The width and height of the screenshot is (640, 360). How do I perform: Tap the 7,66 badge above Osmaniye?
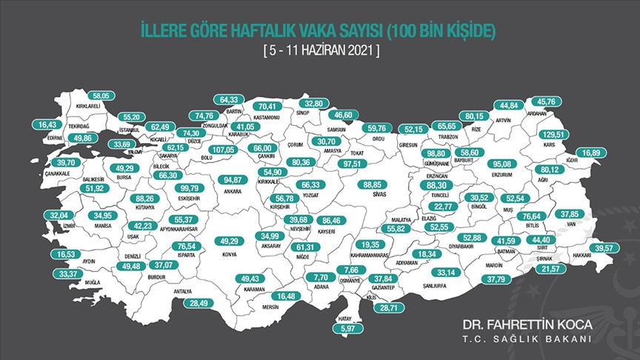[x=352, y=270]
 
